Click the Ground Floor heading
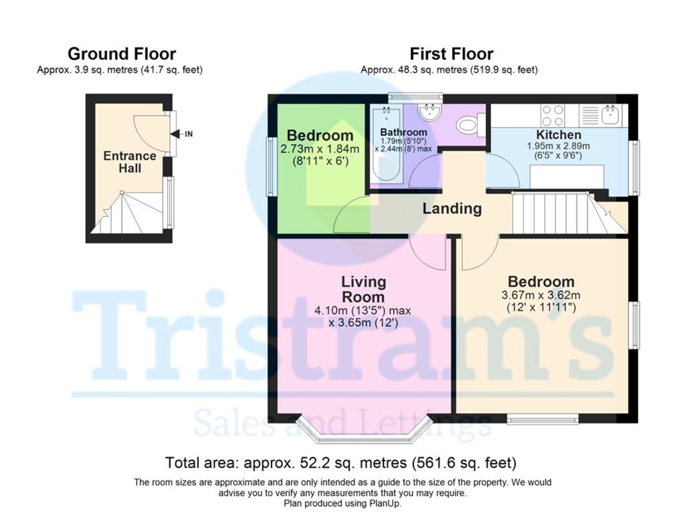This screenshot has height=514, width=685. coord(122,54)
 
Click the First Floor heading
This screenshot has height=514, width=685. coord(451,54)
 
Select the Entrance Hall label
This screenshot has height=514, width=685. coord(130,162)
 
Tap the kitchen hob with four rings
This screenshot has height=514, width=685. coord(552,115)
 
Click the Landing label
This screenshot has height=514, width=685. coord(452,208)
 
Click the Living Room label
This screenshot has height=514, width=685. coord(363,289)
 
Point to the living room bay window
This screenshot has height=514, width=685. coord(364,434)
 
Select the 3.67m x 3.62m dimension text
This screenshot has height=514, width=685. coord(541,296)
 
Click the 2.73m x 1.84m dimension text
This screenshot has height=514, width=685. coord(320,149)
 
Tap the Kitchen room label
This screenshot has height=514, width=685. coord(558,135)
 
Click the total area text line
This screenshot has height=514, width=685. coord(340,462)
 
